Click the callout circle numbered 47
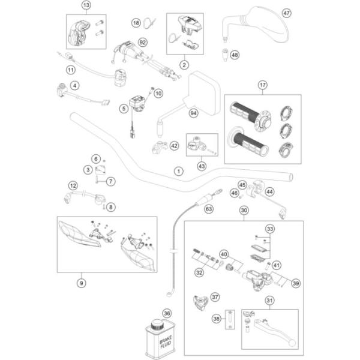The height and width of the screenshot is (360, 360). pyautogui.click(x=286, y=13)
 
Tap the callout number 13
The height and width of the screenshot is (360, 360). pyautogui.click(x=85, y=5)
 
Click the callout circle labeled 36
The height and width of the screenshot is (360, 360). pyautogui.click(x=167, y=313)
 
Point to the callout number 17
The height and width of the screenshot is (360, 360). pyautogui.click(x=262, y=85)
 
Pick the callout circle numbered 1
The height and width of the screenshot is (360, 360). pyautogui.click(x=178, y=171)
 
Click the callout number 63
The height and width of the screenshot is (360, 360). pyautogui.click(x=209, y=210)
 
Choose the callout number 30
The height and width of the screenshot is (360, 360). pyautogui.click(x=244, y=211)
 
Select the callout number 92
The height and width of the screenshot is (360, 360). pyautogui.click(x=142, y=42)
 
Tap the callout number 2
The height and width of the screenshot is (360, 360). pyautogui.click(x=185, y=64)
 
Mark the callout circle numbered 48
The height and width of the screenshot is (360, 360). pyautogui.click(x=235, y=55)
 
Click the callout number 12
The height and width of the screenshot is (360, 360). pyautogui.click(x=73, y=185)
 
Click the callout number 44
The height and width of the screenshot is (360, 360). pyautogui.click(x=269, y=191)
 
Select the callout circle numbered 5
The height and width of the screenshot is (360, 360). pyautogui.click(x=124, y=109)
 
